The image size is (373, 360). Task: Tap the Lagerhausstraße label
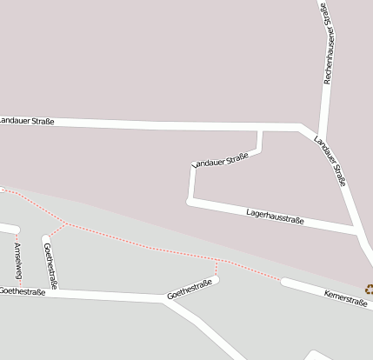[275, 216]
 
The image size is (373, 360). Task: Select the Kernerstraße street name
[345, 298]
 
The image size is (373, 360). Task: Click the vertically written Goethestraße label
[50, 266]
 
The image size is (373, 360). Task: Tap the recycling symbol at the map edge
[369, 290]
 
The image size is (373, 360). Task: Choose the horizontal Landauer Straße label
[26, 121]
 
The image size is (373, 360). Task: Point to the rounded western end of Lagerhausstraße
[190, 202]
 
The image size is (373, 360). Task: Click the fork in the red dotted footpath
[64, 223]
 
